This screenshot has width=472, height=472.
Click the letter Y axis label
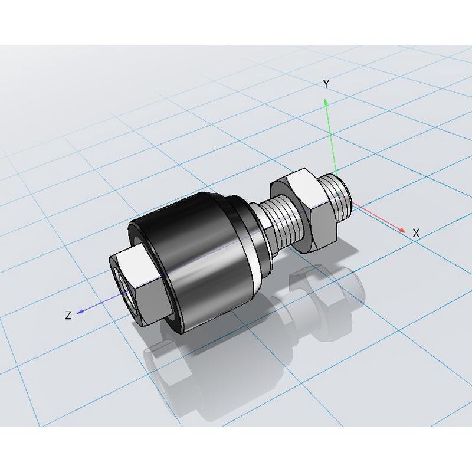tap(326, 84)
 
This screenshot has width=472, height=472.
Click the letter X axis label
tap(416, 232)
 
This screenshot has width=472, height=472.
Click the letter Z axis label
tap(68, 315)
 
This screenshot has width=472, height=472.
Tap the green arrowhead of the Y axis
tap(326, 102)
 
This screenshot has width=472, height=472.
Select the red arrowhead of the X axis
tap(402, 230)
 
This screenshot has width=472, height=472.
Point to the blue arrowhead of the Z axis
tap(80, 312)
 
